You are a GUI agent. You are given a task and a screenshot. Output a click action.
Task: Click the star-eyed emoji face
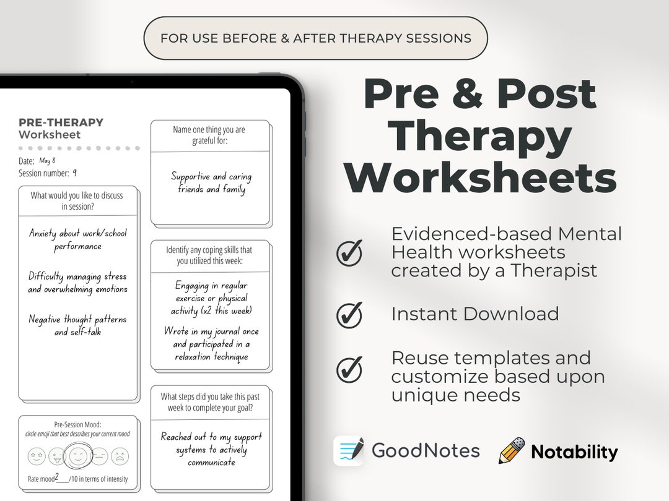(x=36, y=456)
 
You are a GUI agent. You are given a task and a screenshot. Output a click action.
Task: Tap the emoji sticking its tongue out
(x=56, y=456)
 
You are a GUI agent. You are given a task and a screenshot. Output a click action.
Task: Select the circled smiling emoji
(x=78, y=456)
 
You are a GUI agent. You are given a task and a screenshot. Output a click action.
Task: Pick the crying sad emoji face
(x=120, y=456)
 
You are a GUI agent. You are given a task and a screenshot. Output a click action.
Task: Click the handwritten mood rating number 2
(x=57, y=477)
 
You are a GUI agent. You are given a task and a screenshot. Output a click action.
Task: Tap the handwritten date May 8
(x=47, y=161)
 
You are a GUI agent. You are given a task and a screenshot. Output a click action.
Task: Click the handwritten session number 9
(x=74, y=173)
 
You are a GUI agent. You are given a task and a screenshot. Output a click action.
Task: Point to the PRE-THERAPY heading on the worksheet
(x=61, y=122)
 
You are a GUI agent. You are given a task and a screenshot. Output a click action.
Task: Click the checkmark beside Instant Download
(x=349, y=315)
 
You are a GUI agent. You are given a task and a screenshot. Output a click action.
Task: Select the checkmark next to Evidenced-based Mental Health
(x=349, y=253)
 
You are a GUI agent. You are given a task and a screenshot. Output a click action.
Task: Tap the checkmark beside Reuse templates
(x=349, y=369)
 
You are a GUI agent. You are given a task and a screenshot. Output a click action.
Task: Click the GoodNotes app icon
(x=349, y=451)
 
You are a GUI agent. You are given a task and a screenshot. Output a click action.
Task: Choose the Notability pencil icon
(x=512, y=451)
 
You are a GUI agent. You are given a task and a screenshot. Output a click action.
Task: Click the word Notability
(x=574, y=452)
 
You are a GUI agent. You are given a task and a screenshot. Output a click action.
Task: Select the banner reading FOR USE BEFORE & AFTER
(x=315, y=38)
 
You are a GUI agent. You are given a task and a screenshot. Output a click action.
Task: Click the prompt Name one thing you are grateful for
(x=209, y=135)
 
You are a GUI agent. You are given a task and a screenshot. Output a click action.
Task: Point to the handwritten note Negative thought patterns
(x=77, y=325)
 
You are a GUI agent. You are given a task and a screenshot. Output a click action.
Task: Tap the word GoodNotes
(x=426, y=451)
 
